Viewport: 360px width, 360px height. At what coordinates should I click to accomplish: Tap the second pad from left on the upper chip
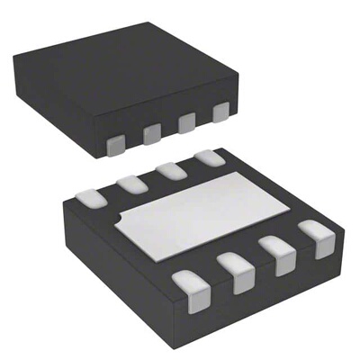click(x=151, y=132)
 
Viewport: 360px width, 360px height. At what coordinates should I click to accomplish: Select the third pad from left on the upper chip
click(x=186, y=122)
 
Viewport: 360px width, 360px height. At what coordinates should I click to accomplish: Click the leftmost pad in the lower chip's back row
click(x=91, y=195)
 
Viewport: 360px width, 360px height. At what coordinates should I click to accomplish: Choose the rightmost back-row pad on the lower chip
click(x=210, y=158)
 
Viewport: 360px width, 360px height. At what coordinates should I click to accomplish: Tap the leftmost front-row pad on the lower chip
click(x=190, y=290)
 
